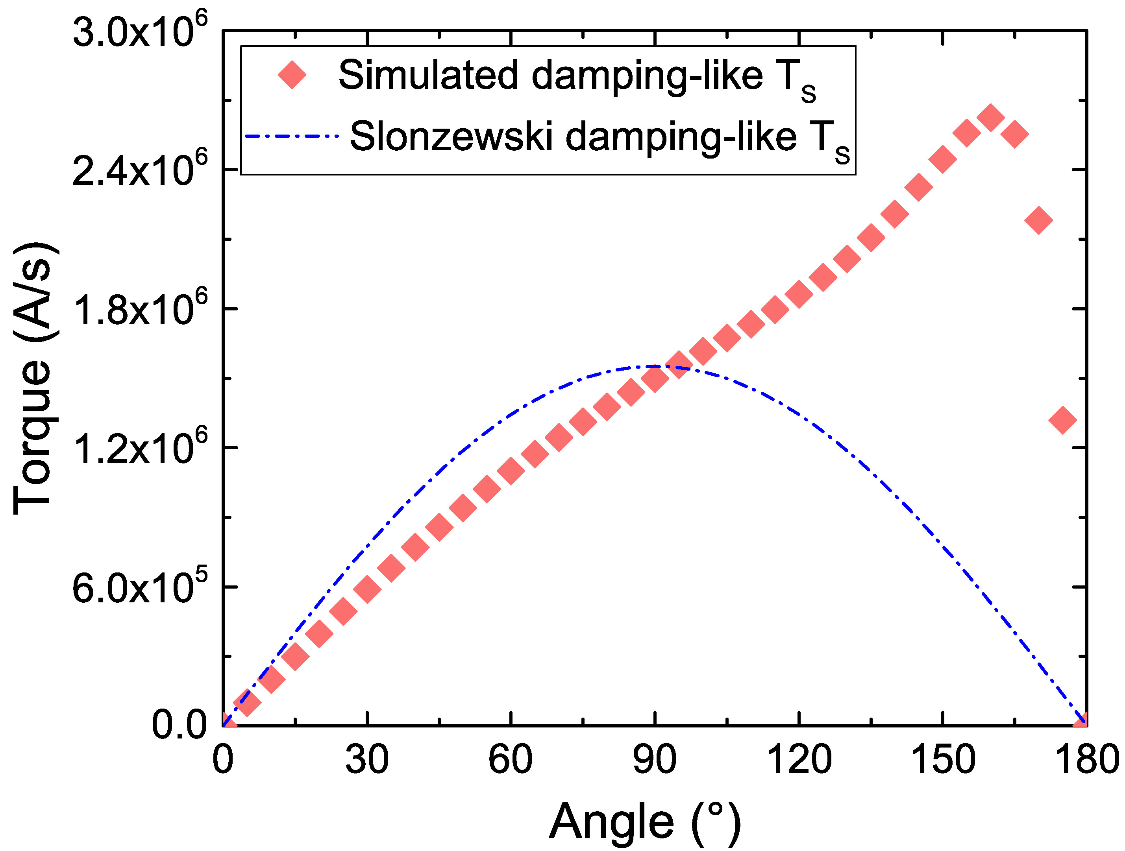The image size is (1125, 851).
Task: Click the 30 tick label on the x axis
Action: [x=367, y=760]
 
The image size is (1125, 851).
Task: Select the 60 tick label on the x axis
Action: [x=510, y=760]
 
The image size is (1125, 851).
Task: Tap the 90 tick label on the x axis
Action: [x=655, y=760]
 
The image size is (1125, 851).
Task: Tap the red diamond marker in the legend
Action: [x=292, y=75]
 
